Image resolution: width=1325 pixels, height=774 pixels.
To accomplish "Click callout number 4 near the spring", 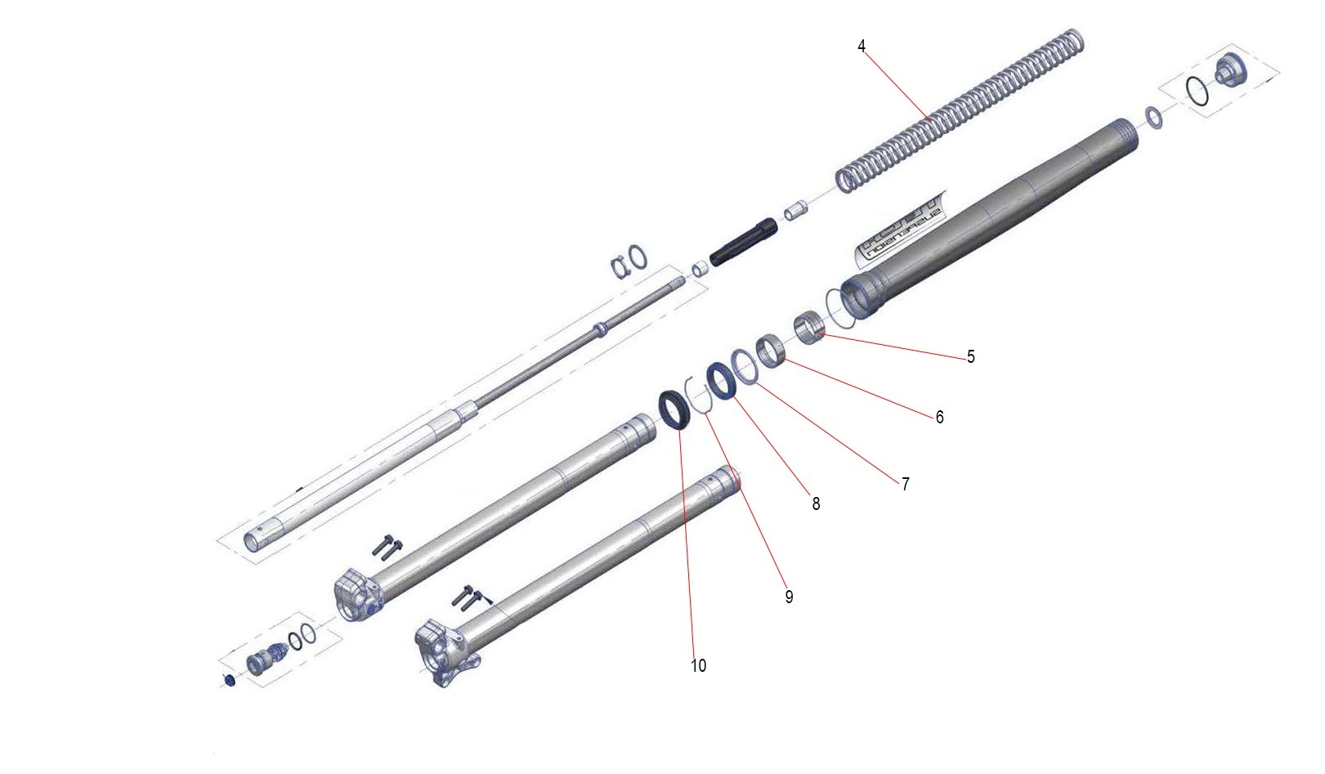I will [x=862, y=47].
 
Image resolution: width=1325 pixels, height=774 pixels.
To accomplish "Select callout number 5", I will [x=970, y=357].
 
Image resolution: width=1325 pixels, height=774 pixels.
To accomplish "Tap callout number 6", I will [x=939, y=418].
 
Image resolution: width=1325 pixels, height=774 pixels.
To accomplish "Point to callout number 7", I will [x=905, y=485].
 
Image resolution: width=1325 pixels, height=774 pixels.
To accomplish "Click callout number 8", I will [x=816, y=504].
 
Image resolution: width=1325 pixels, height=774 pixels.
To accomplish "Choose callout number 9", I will [x=789, y=597].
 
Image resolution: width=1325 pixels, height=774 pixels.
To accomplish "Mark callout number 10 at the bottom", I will [x=698, y=666].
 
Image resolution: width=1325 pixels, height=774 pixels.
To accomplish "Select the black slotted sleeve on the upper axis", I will [x=742, y=242].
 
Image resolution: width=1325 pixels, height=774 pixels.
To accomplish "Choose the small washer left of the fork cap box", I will [x=1154, y=118].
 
